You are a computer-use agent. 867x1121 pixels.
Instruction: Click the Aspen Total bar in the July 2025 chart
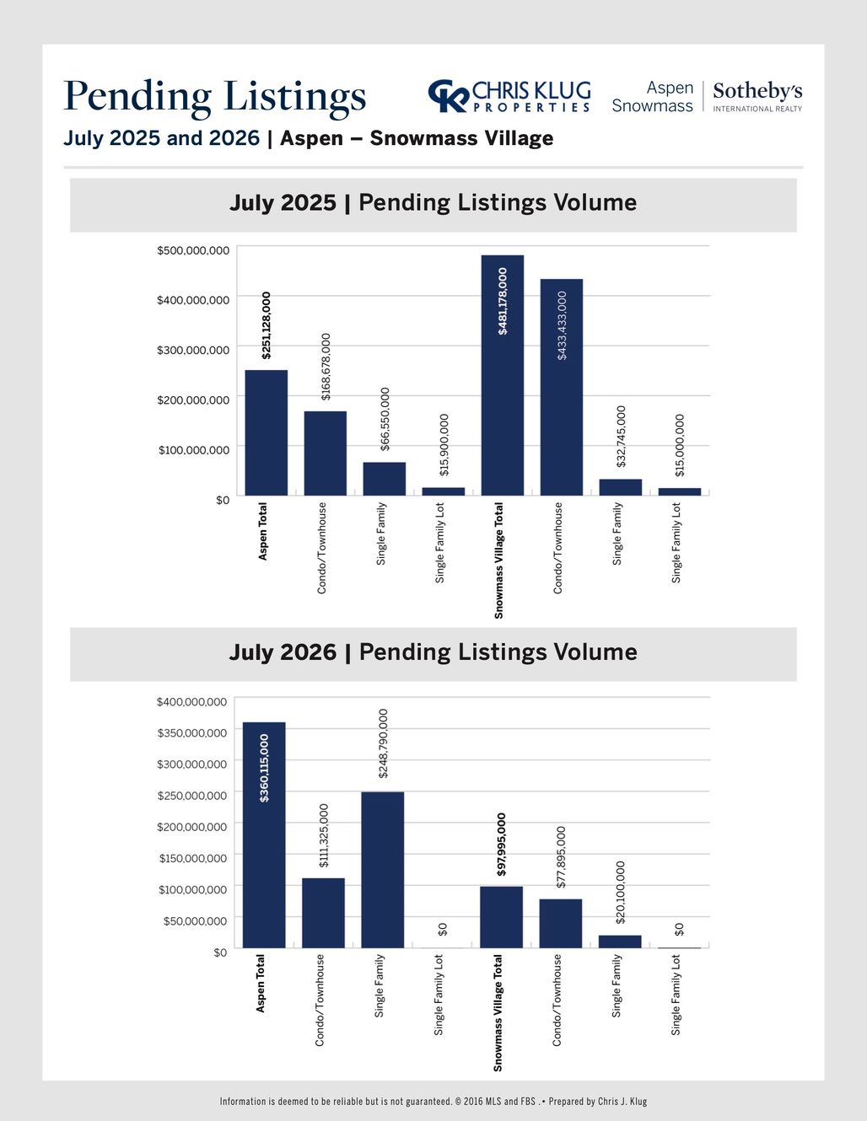(266, 432)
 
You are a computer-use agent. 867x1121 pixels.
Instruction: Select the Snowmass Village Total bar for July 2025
(502, 375)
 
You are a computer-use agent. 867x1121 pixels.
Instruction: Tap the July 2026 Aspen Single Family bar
(382, 869)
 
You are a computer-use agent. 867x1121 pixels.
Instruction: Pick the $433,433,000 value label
(562, 325)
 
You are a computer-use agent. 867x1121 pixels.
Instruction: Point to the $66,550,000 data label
(385, 419)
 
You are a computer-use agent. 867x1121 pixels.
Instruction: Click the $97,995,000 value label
(501, 845)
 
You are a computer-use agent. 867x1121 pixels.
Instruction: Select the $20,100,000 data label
(621, 892)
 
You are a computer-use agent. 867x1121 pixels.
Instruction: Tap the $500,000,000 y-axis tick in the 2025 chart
(193, 250)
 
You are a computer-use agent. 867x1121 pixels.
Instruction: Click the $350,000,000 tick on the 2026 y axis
(192, 732)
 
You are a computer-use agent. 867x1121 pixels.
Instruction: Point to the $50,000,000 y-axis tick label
(195, 921)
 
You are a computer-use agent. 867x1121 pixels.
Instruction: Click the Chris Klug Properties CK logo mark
(449, 95)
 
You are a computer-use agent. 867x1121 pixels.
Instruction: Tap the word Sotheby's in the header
(757, 91)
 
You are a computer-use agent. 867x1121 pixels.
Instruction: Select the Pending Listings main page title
(215, 96)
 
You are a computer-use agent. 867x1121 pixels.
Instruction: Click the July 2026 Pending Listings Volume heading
(433, 652)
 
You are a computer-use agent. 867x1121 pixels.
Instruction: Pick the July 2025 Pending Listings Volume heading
(433, 202)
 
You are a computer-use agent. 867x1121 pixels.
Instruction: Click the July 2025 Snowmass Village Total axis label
(498, 560)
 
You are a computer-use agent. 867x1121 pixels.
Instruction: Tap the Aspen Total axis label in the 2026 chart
(261, 984)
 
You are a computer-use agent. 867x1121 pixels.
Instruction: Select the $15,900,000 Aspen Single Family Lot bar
(444, 491)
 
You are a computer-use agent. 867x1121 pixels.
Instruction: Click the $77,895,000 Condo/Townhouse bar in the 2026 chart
(561, 924)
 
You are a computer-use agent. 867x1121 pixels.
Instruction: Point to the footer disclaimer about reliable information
(433, 1101)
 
